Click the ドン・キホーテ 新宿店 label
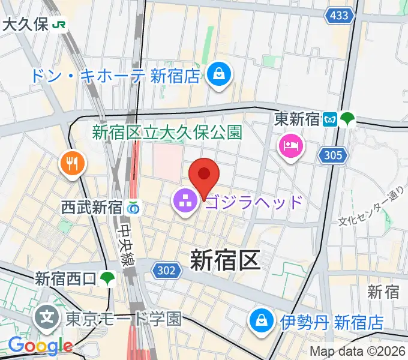pos(116,76)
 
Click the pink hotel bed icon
pos(291,146)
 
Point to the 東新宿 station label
pos(298,119)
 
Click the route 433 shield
pos(339,16)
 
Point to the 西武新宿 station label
pos(92,208)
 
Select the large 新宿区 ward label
pos(224,261)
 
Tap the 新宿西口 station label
pos(65,278)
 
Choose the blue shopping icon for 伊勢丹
pos(262,322)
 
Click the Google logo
pos(40,346)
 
